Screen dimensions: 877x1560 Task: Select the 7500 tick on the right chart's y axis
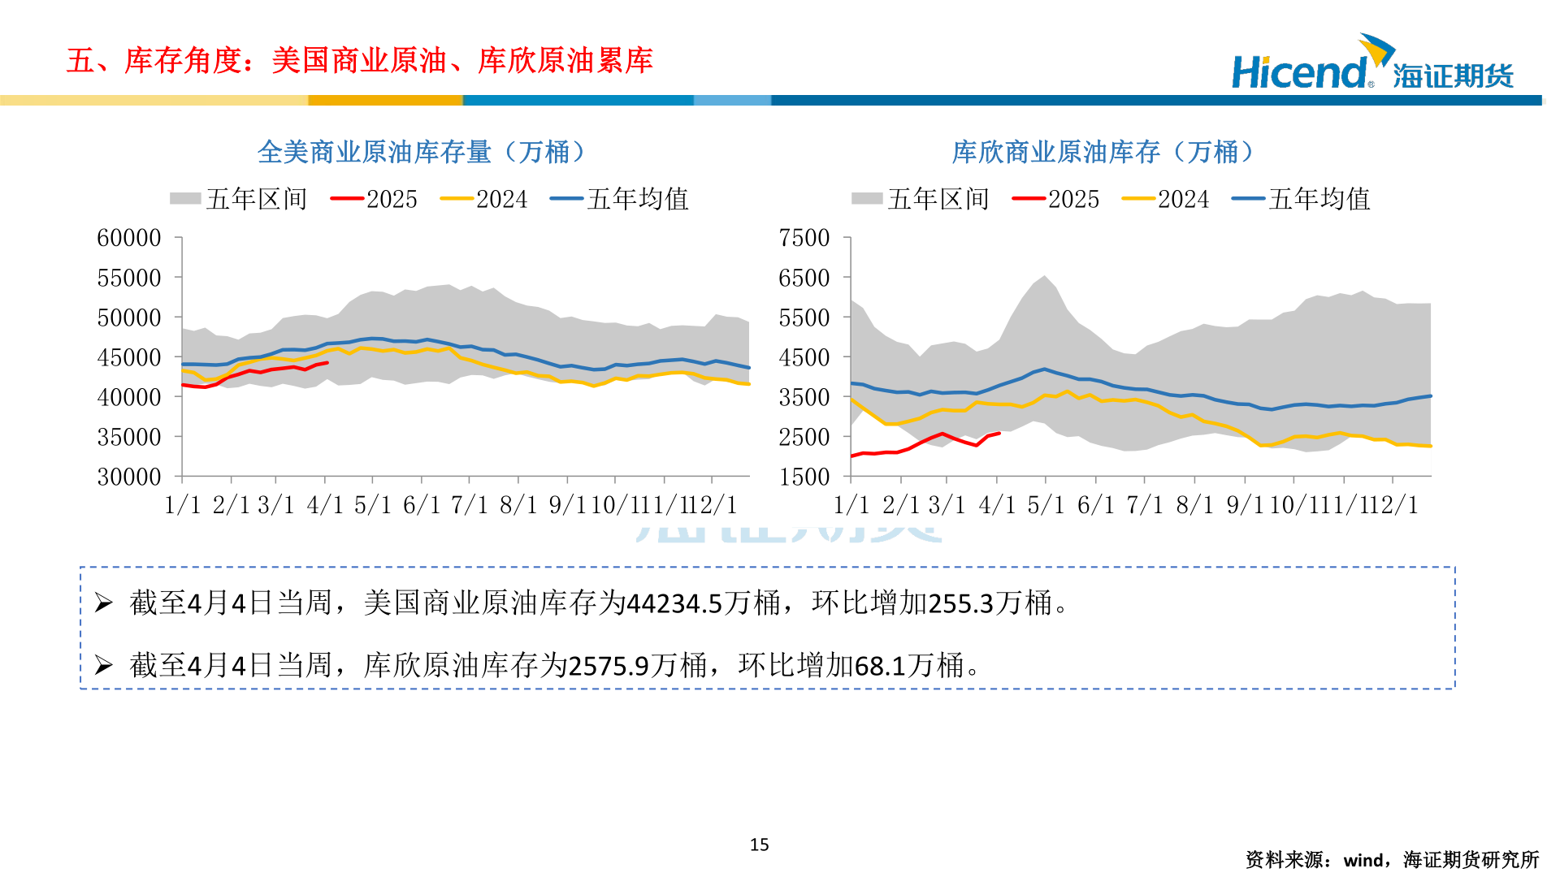click(x=804, y=238)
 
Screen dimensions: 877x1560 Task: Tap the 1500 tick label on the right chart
click(x=804, y=477)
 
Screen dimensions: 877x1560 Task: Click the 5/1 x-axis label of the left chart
click(x=372, y=505)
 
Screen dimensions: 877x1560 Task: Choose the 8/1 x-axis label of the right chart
click(x=1194, y=505)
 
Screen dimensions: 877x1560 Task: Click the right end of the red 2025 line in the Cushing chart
click(x=999, y=434)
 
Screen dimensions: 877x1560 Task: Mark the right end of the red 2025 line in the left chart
click(x=327, y=362)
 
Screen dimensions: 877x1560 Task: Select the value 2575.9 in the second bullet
click(x=609, y=666)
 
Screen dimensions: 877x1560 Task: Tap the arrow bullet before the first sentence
click(x=103, y=603)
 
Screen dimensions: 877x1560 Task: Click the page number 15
click(x=759, y=845)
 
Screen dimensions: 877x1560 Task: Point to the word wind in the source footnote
click(x=1364, y=860)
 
